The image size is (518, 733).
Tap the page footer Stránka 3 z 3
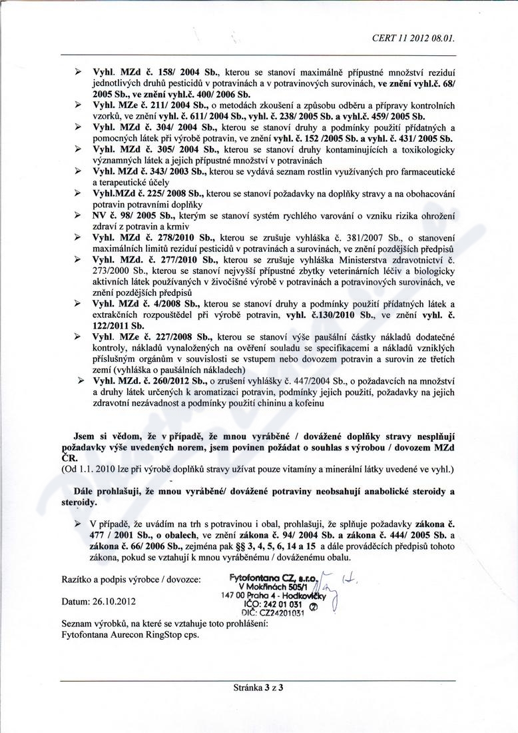259,688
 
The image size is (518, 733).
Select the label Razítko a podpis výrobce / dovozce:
131,580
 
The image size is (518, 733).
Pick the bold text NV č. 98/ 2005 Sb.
133,217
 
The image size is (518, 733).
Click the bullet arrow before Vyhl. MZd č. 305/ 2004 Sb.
79,150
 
